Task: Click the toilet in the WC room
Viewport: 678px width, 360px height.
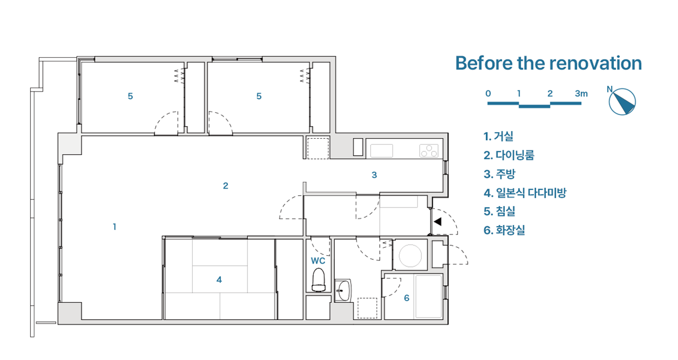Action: pos(318,280)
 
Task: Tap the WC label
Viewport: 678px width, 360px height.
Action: pos(318,261)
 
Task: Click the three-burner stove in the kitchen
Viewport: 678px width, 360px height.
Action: pos(429,151)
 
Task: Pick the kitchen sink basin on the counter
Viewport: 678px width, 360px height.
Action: pos(382,151)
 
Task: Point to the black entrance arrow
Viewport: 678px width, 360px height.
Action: pos(438,222)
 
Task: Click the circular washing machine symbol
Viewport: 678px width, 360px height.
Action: pos(410,256)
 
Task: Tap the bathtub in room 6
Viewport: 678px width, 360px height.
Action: pos(429,296)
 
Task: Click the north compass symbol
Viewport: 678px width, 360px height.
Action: pos(622,101)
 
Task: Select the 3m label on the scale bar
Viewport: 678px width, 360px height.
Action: pos(581,94)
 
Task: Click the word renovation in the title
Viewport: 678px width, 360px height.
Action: pos(595,63)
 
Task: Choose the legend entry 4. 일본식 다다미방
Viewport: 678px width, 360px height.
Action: pos(525,193)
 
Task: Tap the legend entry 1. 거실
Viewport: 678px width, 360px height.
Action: pos(498,137)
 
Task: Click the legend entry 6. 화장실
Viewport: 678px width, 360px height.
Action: pos(504,230)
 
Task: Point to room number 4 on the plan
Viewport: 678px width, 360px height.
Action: pos(219,280)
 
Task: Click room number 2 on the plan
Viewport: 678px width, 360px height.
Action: pos(226,186)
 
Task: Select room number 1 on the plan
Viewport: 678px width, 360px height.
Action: pos(114,227)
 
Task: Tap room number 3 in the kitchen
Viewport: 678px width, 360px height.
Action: pos(374,175)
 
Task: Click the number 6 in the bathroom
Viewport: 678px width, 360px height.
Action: pos(406,298)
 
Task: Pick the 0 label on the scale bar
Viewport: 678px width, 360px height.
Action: pos(488,94)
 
